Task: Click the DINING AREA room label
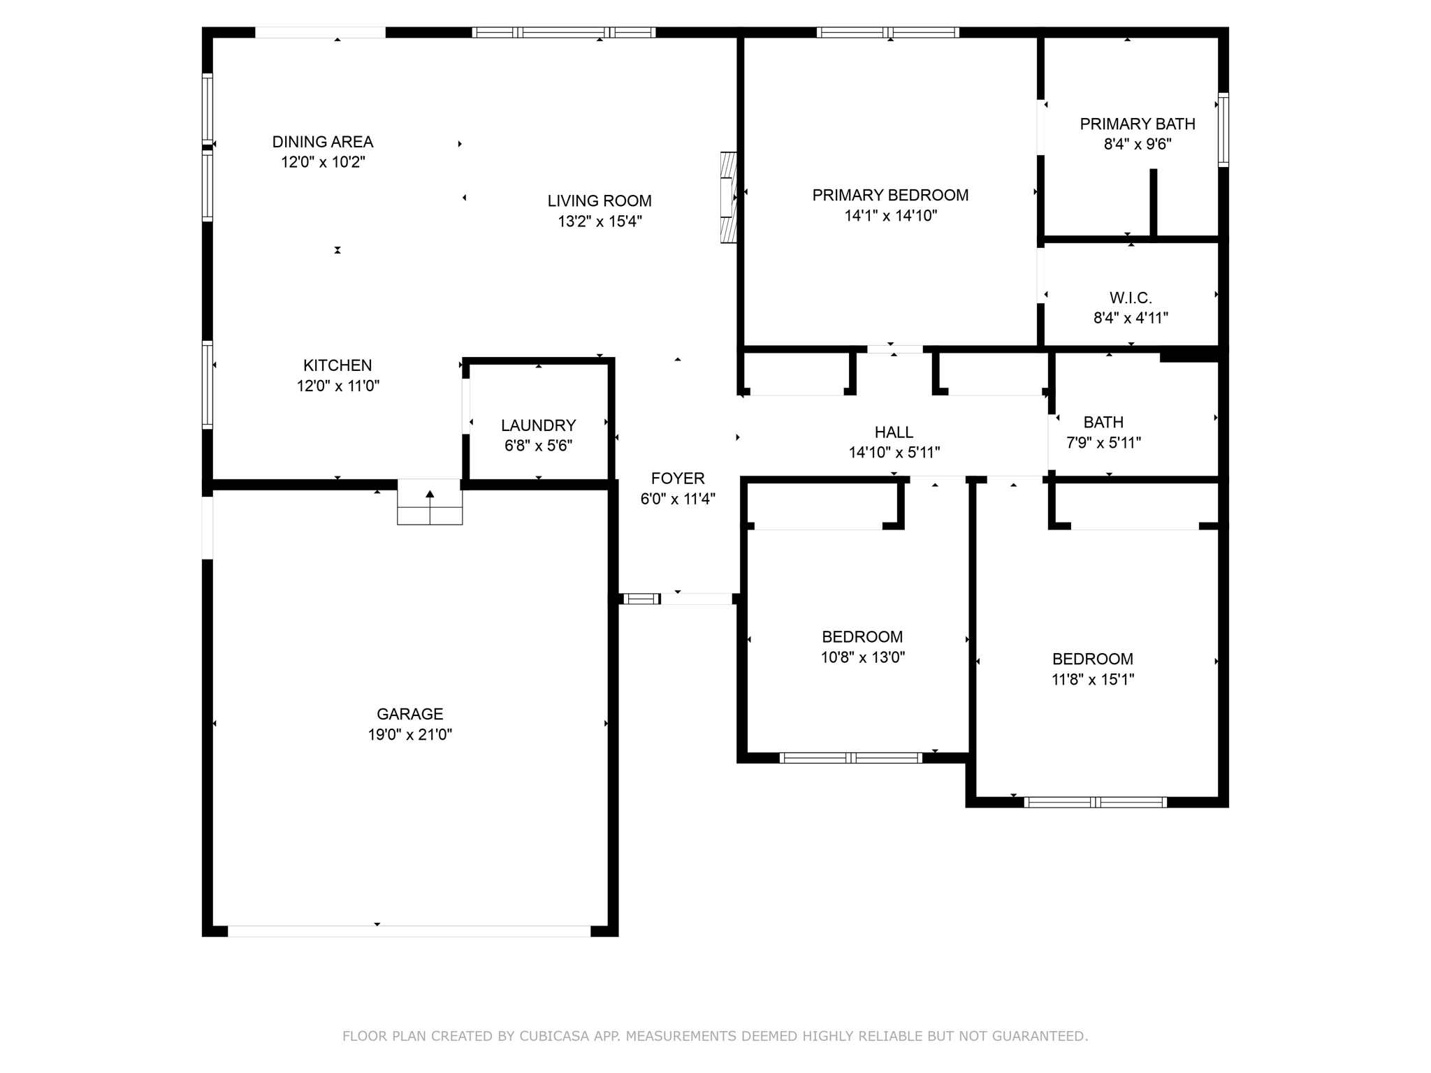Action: (322, 142)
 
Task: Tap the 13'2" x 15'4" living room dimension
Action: (600, 221)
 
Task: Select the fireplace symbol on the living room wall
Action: (729, 198)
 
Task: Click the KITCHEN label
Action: (337, 365)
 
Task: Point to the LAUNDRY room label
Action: (538, 425)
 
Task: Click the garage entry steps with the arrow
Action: (430, 502)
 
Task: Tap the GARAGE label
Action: (409, 714)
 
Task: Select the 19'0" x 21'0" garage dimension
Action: (410, 734)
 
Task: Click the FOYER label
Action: (678, 479)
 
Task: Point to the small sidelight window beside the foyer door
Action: (641, 599)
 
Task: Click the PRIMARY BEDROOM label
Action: (890, 196)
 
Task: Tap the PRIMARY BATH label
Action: (1137, 124)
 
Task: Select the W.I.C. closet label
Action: (1131, 298)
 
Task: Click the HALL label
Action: (894, 432)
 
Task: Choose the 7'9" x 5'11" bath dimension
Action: (1103, 442)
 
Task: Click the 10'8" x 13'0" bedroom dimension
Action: (862, 657)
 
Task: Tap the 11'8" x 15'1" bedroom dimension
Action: (1092, 679)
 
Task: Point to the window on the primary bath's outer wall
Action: (1223, 129)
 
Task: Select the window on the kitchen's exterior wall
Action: (208, 384)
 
